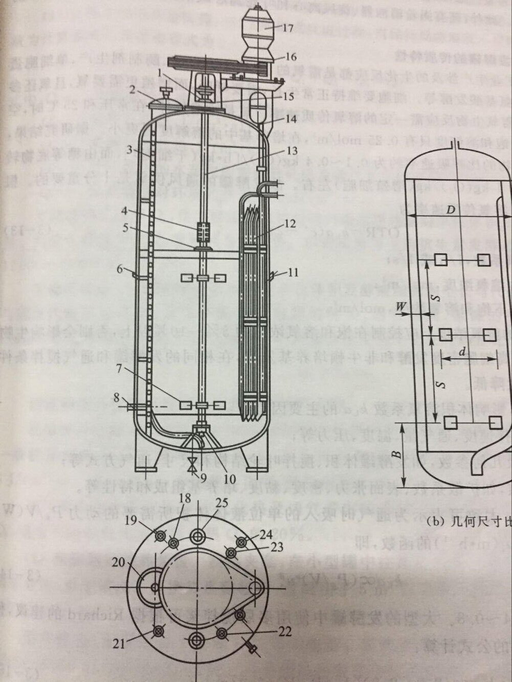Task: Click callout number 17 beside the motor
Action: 287,28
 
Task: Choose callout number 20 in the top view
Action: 119,562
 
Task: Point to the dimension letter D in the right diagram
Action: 450,210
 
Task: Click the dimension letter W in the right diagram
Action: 402,306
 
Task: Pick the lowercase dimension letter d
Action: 462,352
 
